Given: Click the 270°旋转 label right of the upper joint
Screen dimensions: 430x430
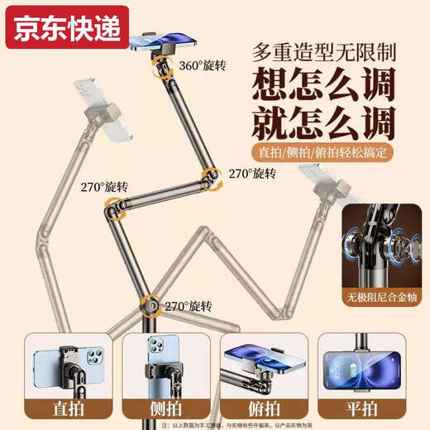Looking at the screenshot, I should [251, 173].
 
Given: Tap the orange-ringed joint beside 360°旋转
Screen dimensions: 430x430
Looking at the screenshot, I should [155, 72].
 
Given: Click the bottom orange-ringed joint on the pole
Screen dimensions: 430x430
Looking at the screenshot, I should [149, 305].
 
